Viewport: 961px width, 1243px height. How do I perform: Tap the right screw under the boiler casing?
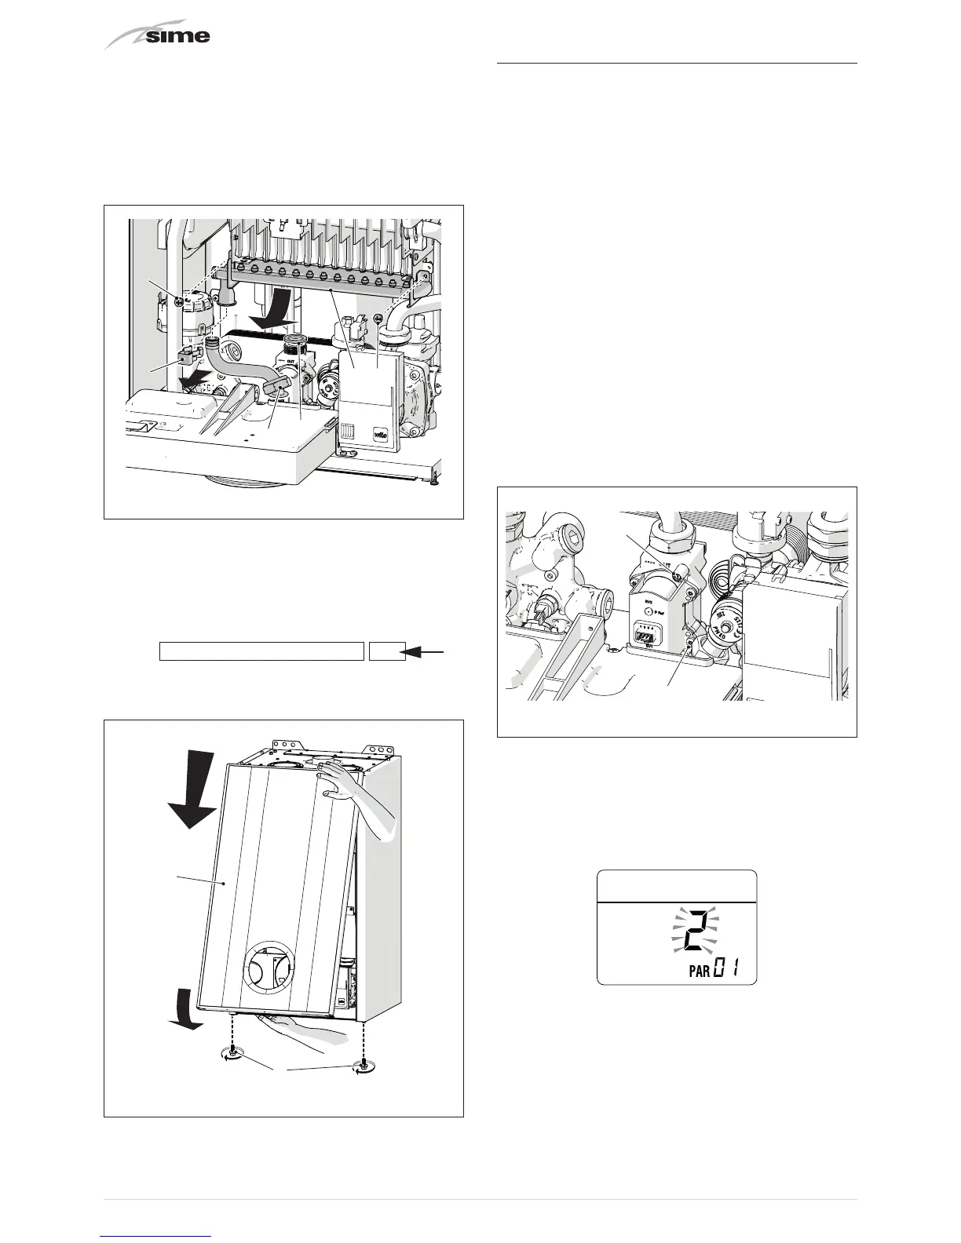click(x=363, y=1063)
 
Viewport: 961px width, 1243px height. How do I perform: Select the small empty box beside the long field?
click(x=387, y=651)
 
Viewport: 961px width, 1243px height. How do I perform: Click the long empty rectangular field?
click(x=261, y=651)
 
